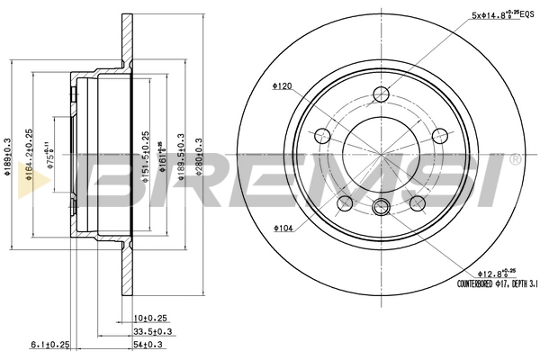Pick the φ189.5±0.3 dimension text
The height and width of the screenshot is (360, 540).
coord(183,163)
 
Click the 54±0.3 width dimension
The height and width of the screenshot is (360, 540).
coord(149,344)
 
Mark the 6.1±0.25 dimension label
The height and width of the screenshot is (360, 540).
coord(51,344)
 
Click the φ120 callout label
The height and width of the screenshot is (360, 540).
coord(283,86)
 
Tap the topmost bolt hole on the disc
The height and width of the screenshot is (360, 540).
coord(382,94)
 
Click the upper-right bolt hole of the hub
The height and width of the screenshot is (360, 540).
coord(440,136)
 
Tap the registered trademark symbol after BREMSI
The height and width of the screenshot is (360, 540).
coord(514,158)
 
